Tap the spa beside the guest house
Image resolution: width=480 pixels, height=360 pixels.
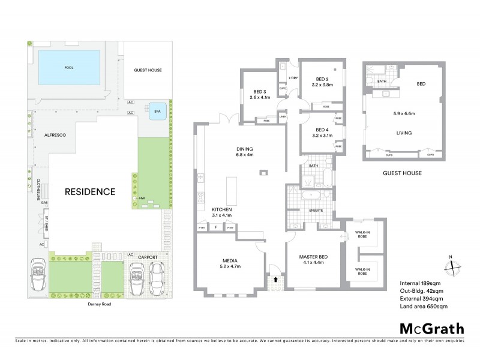(x=158, y=111)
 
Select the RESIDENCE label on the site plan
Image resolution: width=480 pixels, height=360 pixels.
(x=90, y=192)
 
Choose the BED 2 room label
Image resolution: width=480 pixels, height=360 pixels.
(x=322, y=79)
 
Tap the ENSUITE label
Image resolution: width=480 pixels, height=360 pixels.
(x=316, y=211)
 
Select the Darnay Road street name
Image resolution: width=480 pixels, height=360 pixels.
(x=98, y=304)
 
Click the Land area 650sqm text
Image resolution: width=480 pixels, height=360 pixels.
(x=423, y=307)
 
